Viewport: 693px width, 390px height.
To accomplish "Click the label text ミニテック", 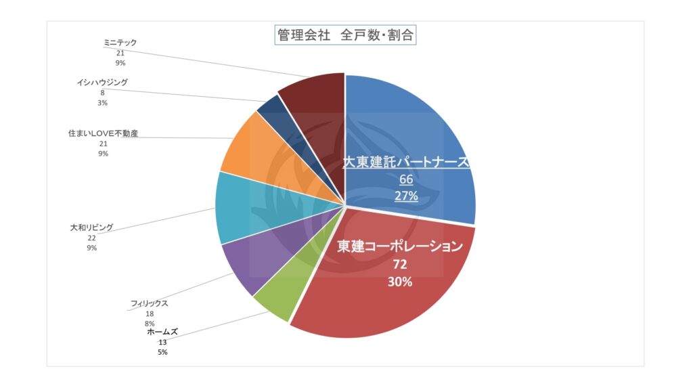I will pyautogui.click(x=120, y=43).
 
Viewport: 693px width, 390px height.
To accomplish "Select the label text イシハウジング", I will pyautogui.click(x=102, y=83).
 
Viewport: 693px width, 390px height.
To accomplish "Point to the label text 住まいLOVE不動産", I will pyautogui.click(x=103, y=133).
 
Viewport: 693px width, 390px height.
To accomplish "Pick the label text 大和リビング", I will pyautogui.click(x=91, y=227).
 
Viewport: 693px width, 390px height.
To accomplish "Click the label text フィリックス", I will pyautogui.click(x=149, y=303).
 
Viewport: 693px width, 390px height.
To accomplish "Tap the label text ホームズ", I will pyautogui.click(x=163, y=332).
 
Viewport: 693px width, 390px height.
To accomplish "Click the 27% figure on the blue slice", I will pyautogui.click(x=406, y=196).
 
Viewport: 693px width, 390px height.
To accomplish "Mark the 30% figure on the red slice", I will pyautogui.click(x=399, y=282).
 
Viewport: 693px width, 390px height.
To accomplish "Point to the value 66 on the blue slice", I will pyautogui.click(x=406, y=179).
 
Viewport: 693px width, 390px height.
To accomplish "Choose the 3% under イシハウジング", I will pyautogui.click(x=102, y=103).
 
